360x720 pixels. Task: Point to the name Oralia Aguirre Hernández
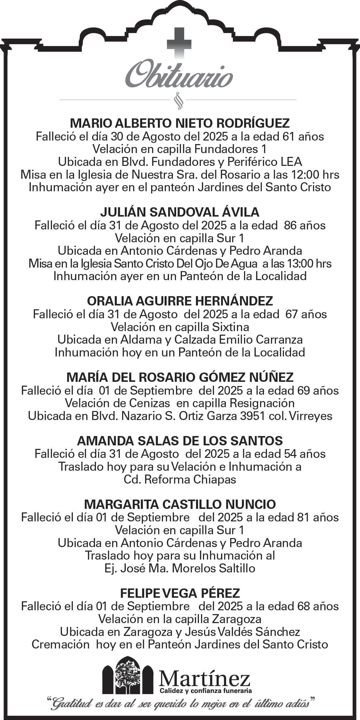pyautogui.click(x=180, y=301)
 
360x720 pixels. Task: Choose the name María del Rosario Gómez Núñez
pyautogui.click(x=180, y=377)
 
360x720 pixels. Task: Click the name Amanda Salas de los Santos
pyautogui.click(x=180, y=441)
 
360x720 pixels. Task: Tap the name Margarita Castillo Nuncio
pyautogui.click(x=180, y=504)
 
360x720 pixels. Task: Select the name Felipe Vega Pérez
pyautogui.click(x=180, y=593)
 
